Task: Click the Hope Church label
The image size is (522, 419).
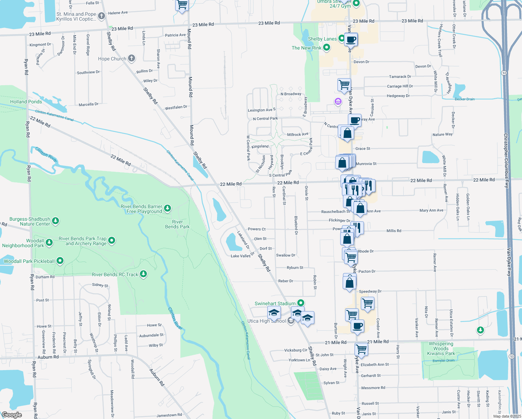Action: click(112, 59)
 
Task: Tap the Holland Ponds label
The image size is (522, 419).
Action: click(26, 102)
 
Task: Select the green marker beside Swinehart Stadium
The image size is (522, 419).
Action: click(301, 303)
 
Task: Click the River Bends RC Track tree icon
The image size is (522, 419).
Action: click(143, 274)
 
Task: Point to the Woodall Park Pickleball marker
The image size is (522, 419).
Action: click(60, 261)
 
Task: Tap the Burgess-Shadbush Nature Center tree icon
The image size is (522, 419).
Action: click(55, 221)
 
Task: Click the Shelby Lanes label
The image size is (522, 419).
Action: click(322, 39)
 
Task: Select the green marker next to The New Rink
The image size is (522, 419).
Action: click(327, 47)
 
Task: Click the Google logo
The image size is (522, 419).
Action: click(12, 415)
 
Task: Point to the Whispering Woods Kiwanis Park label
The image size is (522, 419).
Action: click(441, 348)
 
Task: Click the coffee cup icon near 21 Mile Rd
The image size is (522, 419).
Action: click(357, 327)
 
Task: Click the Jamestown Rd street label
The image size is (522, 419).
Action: click(169, 415)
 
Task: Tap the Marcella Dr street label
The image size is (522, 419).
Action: click(89, 104)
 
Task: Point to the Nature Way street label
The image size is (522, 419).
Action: click(442, 134)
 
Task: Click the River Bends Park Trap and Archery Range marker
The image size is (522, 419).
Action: click(112, 240)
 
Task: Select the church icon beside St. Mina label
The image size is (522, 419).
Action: click(101, 16)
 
